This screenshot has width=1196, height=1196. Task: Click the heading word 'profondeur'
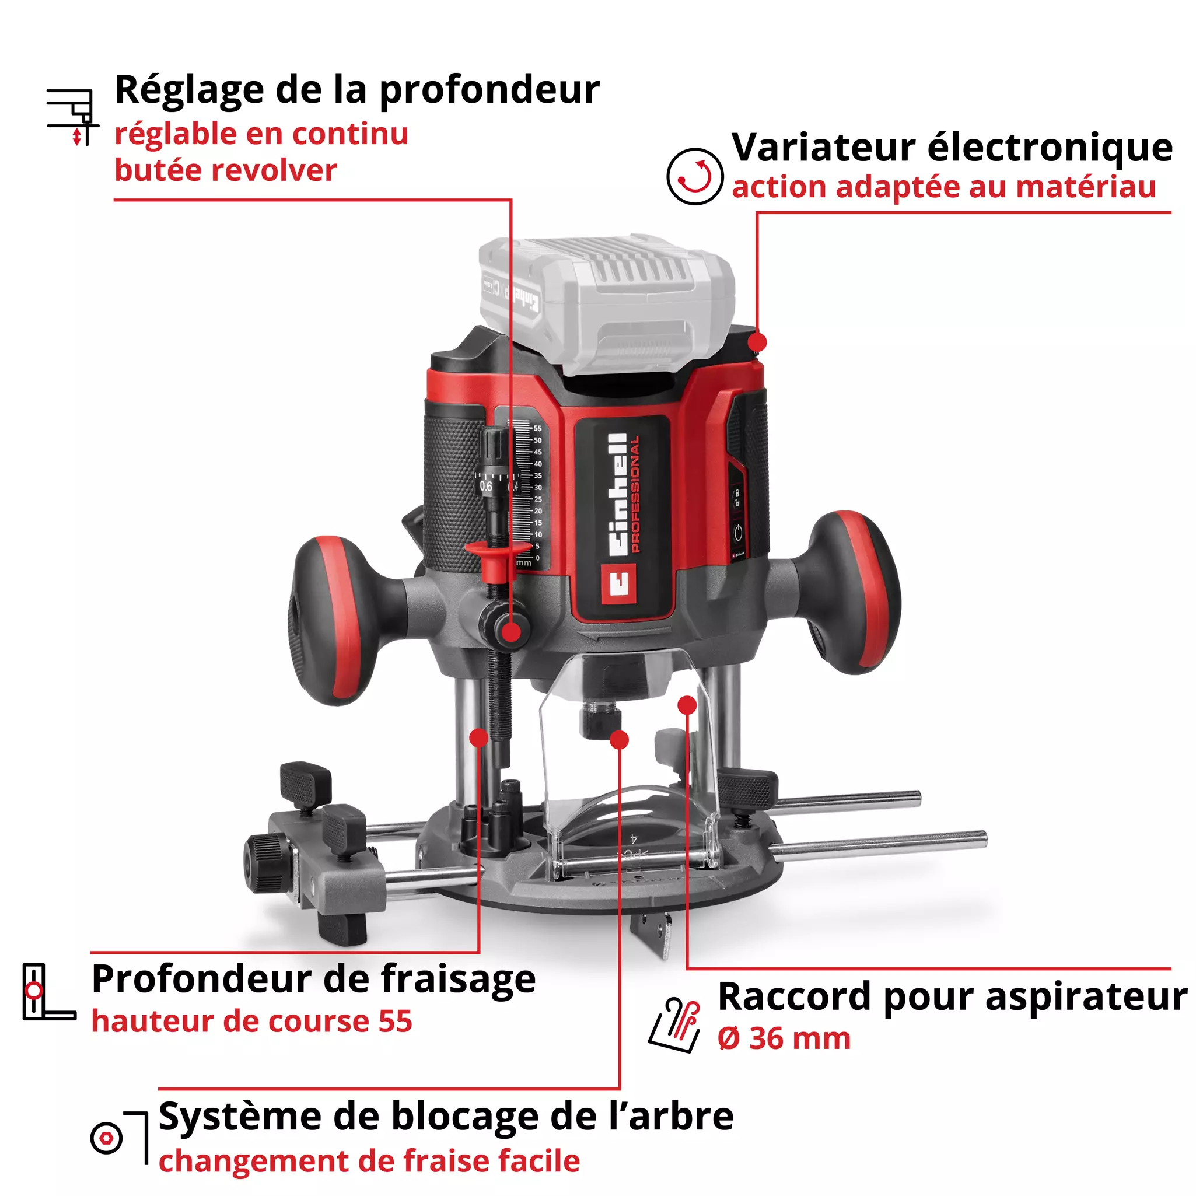(x=489, y=90)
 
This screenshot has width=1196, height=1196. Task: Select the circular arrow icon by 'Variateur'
(x=695, y=176)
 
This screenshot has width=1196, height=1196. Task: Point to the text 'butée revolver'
(x=226, y=170)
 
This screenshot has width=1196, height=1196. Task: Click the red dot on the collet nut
(x=619, y=740)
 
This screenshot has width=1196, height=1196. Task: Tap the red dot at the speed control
(x=758, y=342)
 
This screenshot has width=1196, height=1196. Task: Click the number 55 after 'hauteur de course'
(x=396, y=1022)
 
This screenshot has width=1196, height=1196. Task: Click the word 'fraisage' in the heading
(x=458, y=980)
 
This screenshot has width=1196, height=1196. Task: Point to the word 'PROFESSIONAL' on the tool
(x=635, y=494)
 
